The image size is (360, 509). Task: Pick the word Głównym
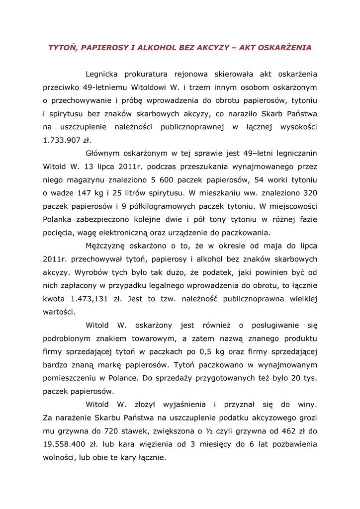(102, 153)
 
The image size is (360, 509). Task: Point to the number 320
(310, 192)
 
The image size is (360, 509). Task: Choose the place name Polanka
(59, 219)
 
